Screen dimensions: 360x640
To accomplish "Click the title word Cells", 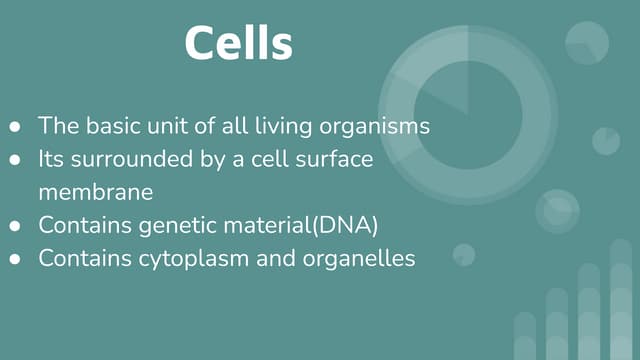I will click(239, 44).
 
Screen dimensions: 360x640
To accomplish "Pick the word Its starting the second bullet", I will click(52, 159).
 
